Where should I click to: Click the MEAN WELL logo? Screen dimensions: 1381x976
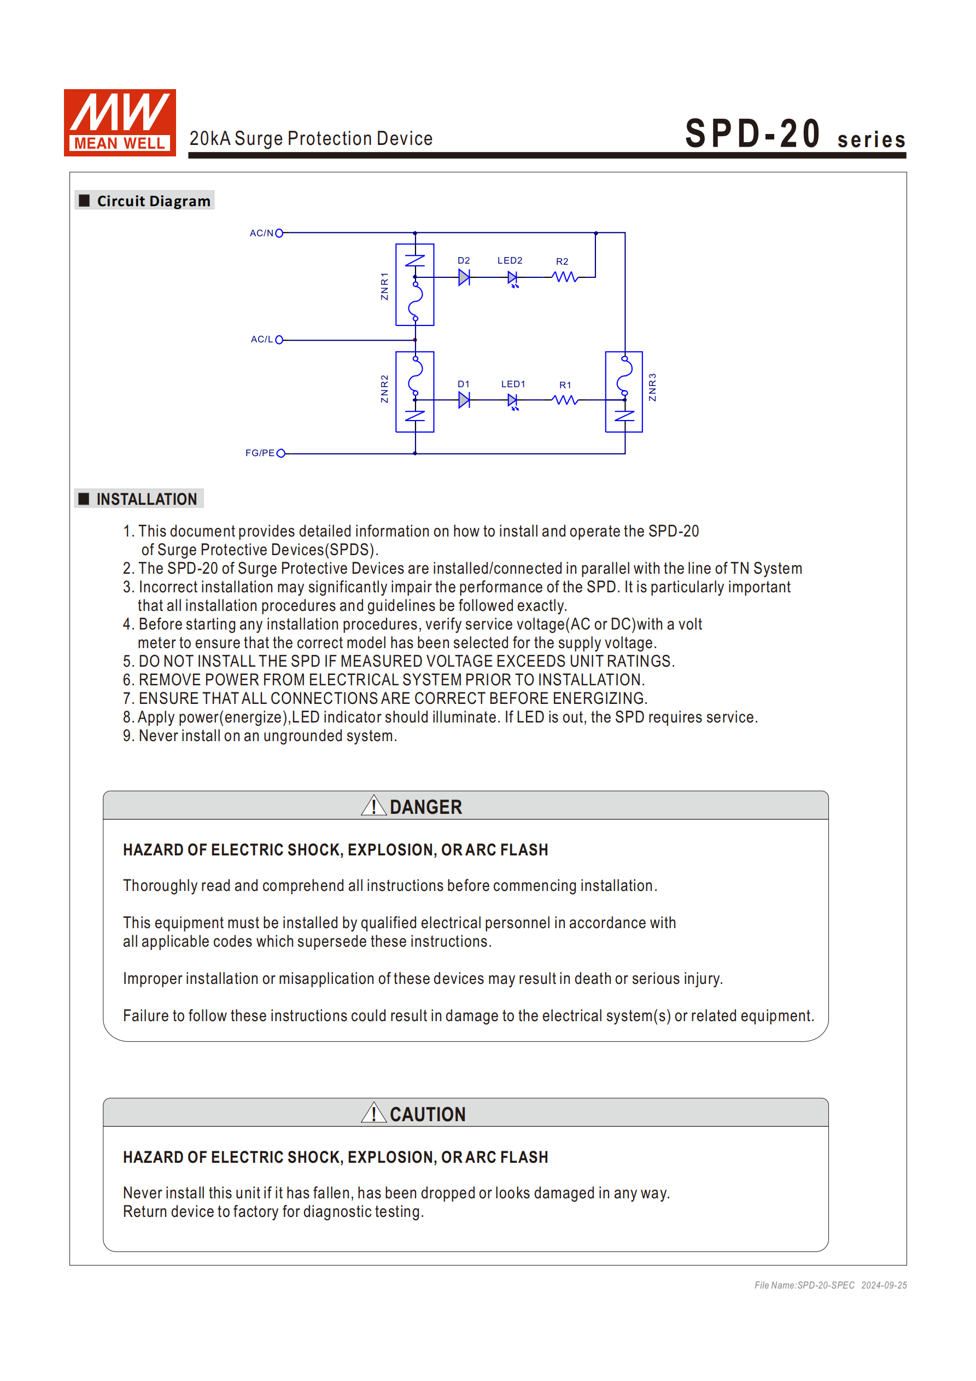[x=120, y=123]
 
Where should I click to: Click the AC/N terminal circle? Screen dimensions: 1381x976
[x=279, y=233]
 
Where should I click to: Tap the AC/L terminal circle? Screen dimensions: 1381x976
[x=279, y=340]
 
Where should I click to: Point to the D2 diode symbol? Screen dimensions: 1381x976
[x=464, y=277]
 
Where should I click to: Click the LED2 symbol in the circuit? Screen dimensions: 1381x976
[x=512, y=278]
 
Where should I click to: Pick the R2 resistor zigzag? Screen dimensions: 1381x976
[x=565, y=277]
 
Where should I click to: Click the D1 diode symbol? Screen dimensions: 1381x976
[x=464, y=400]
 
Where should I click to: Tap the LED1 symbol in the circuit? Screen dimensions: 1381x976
[x=512, y=400]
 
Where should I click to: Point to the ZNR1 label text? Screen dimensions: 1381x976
[x=384, y=285]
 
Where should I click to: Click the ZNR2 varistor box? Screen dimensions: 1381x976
[x=415, y=392]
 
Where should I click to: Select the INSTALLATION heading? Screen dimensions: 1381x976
[x=146, y=499]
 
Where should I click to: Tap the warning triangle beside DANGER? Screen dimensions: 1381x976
[x=373, y=806]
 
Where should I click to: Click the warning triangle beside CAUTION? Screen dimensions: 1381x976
[x=373, y=1113]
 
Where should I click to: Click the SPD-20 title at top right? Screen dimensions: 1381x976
[x=753, y=133]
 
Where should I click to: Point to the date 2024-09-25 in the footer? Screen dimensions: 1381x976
[x=884, y=1285]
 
